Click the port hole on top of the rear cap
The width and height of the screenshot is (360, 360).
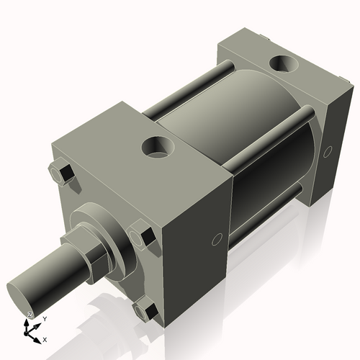click(x=283, y=64)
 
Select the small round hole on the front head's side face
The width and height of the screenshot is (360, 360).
click(x=215, y=240)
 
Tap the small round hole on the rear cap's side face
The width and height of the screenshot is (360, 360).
click(x=328, y=152)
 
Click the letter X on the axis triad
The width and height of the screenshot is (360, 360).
click(x=45, y=339)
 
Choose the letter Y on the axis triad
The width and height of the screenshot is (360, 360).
click(x=44, y=318)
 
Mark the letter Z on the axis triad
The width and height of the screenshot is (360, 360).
click(x=30, y=315)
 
